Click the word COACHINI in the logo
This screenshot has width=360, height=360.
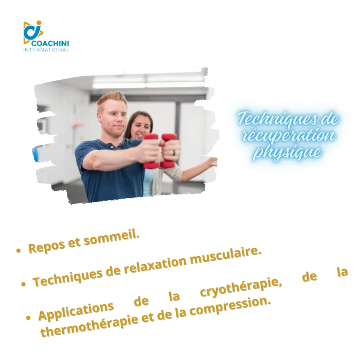[50, 43]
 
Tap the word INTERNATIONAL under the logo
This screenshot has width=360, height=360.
[46, 50]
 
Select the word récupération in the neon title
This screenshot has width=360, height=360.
[289, 136]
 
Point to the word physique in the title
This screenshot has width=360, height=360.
[287, 152]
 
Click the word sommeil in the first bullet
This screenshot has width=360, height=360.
[112, 239]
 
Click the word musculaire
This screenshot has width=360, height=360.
[226, 256]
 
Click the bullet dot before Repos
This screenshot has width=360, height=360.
[19, 250]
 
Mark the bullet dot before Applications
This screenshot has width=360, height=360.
[28, 318]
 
